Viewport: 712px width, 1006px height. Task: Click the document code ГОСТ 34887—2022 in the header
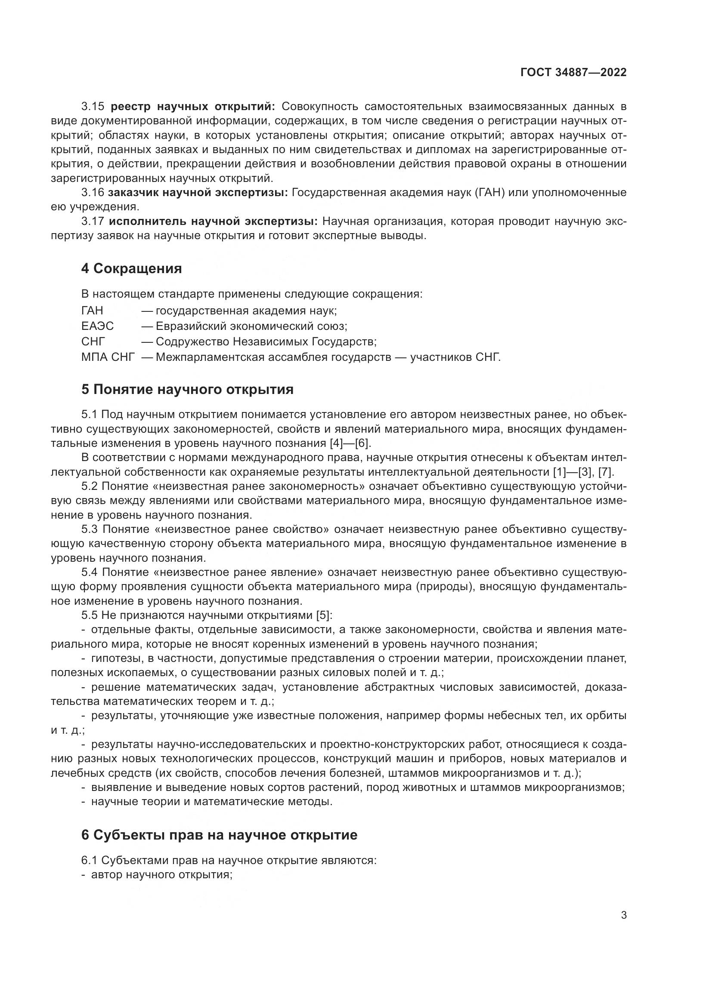573,73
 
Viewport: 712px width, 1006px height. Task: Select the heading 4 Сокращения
132,268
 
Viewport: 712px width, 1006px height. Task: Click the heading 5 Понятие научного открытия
187,389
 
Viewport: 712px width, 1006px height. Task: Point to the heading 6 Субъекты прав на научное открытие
219,835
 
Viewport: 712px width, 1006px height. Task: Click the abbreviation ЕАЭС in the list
97,326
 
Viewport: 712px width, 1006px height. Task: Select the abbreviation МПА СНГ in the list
108,357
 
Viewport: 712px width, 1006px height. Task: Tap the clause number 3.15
92,107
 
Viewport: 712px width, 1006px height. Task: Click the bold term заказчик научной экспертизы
198,193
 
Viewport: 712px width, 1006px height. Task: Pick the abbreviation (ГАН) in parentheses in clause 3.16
490,193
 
